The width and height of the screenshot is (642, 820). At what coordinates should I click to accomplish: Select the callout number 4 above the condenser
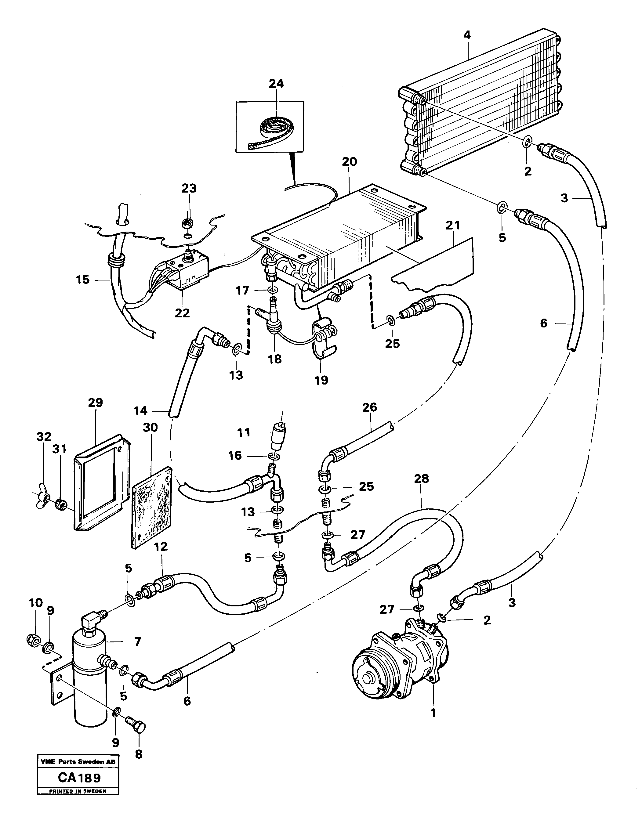466,35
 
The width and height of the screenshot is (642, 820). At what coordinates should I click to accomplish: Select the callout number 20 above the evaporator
349,162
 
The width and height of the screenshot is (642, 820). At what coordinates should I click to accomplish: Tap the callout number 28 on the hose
421,479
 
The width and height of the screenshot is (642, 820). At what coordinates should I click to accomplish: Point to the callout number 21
453,226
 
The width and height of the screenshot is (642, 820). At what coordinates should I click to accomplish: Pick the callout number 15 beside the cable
83,280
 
